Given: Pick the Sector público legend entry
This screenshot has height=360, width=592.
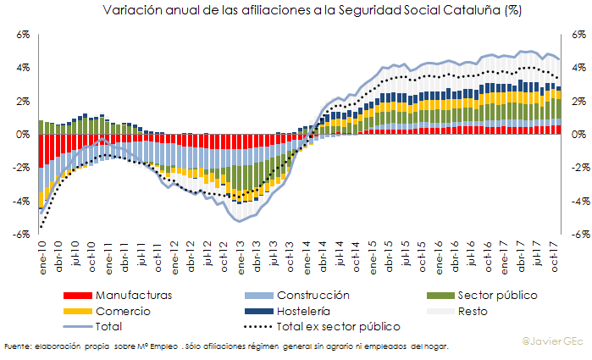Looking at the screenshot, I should click(496, 296).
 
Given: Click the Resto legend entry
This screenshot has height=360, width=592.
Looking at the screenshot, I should click(474, 311).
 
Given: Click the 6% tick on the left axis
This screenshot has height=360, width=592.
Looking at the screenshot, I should click(23, 35).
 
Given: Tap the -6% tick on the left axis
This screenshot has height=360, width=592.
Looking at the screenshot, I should click(21, 235).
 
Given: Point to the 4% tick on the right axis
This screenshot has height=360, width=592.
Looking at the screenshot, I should click(577, 68).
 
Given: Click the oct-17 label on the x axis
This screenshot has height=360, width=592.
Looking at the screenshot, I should click(554, 250).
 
